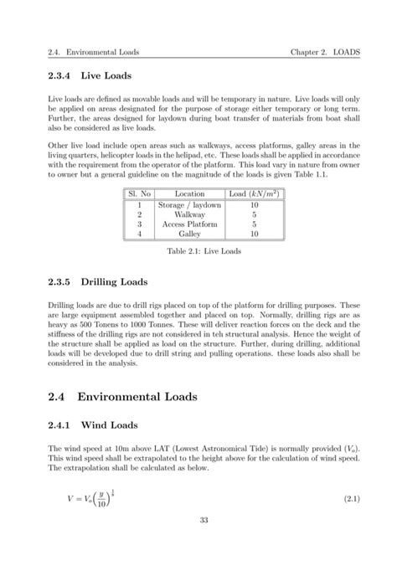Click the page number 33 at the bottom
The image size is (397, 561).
[x=198, y=543]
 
